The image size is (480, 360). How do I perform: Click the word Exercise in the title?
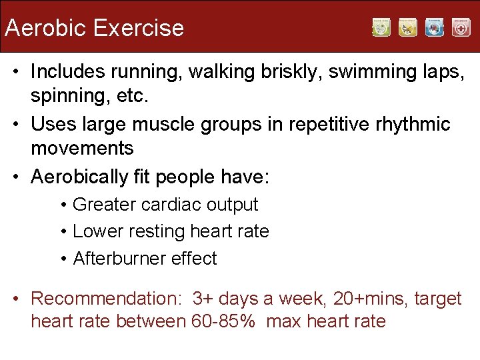(139, 28)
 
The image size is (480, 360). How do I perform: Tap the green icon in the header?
(381, 27)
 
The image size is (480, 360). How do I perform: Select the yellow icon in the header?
(408, 27)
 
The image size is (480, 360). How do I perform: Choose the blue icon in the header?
(435, 27)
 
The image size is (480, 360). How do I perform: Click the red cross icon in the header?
(461, 27)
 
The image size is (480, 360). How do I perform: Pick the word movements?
(82, 148)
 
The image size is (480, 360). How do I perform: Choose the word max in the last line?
(283, 321)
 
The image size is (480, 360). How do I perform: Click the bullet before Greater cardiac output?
(63, 205)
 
